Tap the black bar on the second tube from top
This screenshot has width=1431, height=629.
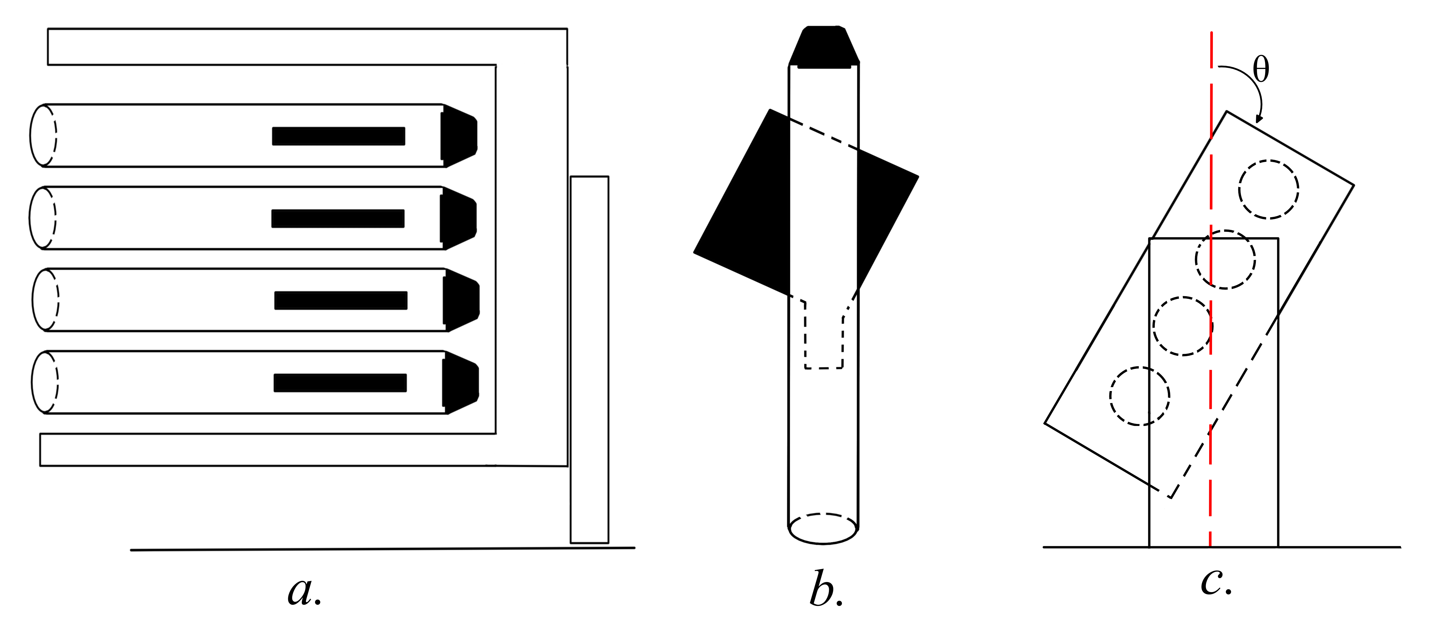click(338, 219)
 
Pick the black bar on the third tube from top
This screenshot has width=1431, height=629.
click(340, 300)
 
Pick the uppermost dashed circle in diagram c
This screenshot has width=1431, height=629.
click(1268, 189)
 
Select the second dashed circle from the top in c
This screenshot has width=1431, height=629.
click(1225, 259)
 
